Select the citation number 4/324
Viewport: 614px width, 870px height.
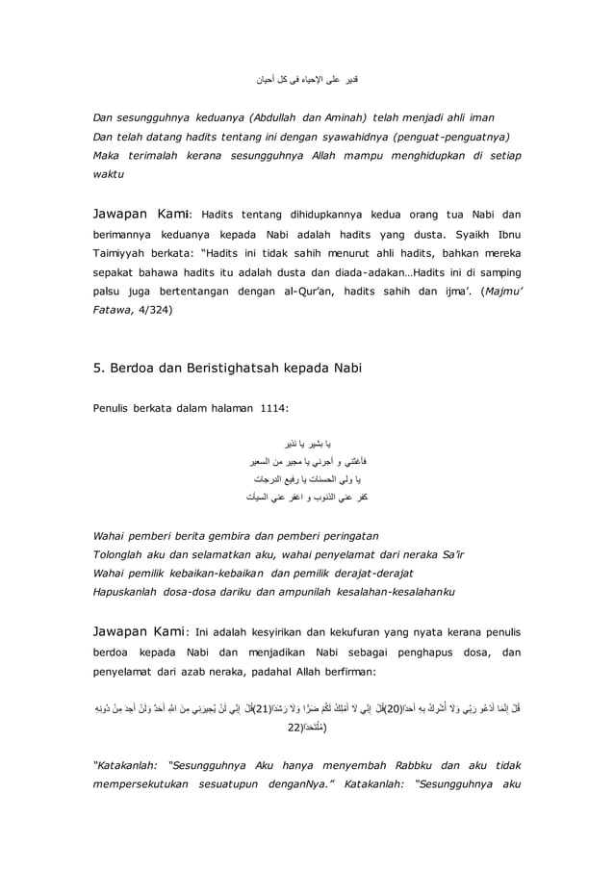153,311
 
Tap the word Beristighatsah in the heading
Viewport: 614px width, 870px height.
240,366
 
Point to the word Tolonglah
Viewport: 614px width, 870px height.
123,551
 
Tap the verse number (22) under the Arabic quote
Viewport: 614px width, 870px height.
294,729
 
